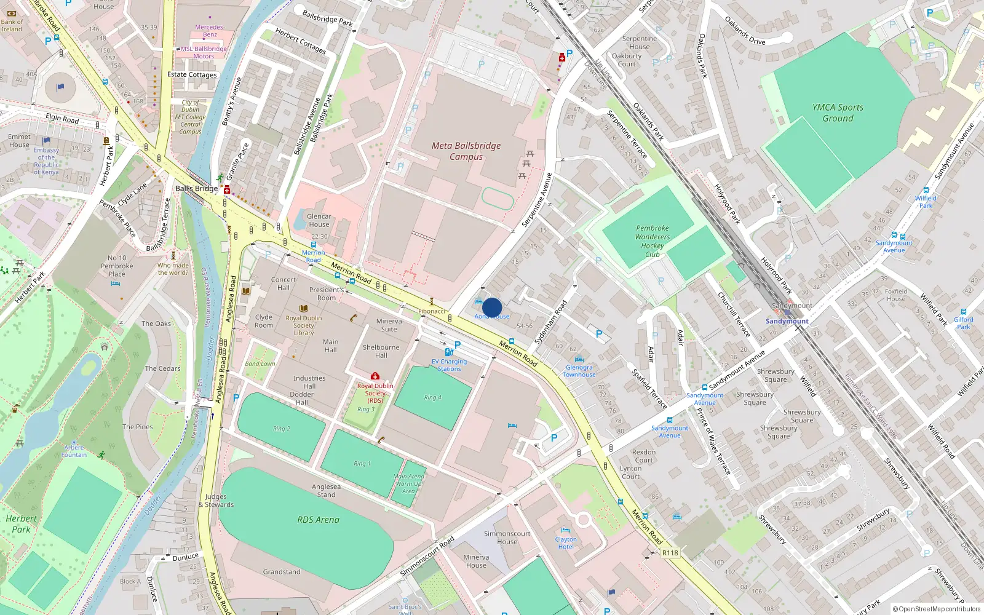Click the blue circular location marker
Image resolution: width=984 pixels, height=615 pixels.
tap(492, 307)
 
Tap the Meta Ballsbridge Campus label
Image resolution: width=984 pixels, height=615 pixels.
tap(466, 151)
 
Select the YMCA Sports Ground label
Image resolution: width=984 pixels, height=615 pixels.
tap(838, 113)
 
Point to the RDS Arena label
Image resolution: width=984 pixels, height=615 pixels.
tap(318, 520)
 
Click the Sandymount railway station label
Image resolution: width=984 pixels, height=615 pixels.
tap(787, 321)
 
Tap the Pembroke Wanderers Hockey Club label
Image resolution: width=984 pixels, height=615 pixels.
tap(653, 241)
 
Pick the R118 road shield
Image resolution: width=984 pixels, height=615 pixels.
tap(670, 553)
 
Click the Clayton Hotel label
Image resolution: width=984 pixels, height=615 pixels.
tap(566, 543)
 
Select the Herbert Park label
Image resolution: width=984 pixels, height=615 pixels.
tap(21, 524)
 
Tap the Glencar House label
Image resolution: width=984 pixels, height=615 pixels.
tap(319, 220)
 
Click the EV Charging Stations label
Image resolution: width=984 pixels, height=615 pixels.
tap(449, 365)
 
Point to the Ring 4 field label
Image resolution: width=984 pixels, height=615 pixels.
tap(432, 397)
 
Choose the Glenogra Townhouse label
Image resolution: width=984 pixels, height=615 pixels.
tap(579, 371)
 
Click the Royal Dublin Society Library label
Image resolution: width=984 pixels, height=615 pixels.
tap(303, 325)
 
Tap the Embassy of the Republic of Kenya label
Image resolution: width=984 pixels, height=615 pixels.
tap(47, 161)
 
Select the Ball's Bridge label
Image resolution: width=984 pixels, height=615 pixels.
tap(196, 188)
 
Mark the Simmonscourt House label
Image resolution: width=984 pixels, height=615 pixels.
tap(507, 538)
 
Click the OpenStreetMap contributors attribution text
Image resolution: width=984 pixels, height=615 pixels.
tap(936, 609)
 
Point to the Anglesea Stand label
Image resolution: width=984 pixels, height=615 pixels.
tap(326, 490)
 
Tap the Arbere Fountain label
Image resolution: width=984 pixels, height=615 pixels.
tap(74, 451)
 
